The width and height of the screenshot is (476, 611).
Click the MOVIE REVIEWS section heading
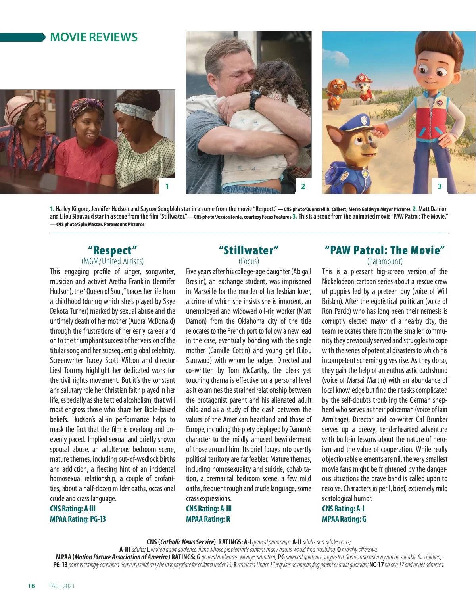click(94, 37)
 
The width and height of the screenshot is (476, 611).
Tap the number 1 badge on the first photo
click(167, 186)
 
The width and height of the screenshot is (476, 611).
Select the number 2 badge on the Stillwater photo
click(303, 186)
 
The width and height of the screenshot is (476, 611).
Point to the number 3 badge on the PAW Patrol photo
click(439, 186)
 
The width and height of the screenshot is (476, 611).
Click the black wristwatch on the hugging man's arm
click(255, 99)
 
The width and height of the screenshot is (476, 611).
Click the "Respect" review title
click(113, 250)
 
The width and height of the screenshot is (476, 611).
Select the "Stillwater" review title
click(249, 250)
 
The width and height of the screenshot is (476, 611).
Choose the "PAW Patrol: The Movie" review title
click(385, 250)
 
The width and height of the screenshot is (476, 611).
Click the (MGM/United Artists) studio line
click(113, 261)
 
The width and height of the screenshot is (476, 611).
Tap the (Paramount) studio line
click(385, 261)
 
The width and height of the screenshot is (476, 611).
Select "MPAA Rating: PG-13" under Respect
click(78, 519)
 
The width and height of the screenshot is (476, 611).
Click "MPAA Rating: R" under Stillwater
click(208, 519)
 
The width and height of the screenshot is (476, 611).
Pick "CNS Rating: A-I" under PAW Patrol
click(343, 509)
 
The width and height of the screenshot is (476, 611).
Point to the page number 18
click(31, 586)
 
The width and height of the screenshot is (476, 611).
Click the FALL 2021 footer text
click(61, 586)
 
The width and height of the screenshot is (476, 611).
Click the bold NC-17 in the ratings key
click(376, 565)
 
